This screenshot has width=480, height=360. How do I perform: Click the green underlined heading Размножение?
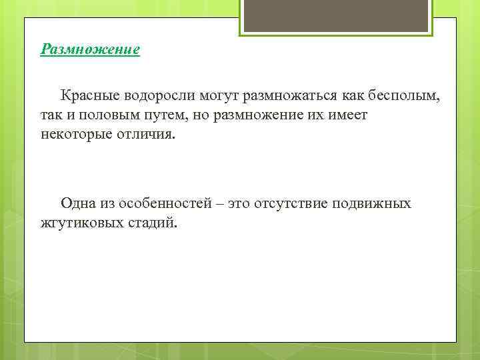[90, 50]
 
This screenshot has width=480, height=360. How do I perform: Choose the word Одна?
[79, 203]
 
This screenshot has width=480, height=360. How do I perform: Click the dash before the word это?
[219, 203]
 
